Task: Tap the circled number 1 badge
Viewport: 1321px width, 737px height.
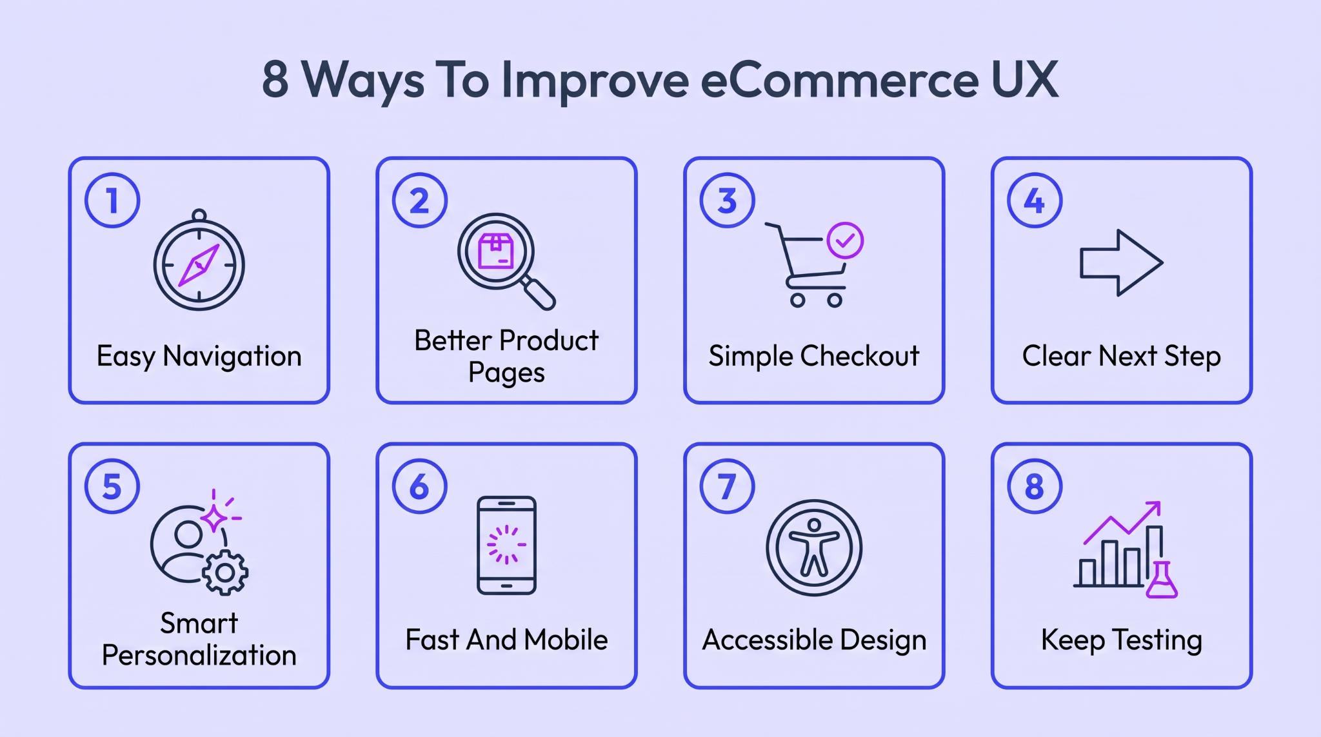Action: pos(112,200)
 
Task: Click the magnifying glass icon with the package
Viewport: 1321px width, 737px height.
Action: pos(506,261)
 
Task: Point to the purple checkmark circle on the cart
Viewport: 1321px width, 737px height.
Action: pos(845,241)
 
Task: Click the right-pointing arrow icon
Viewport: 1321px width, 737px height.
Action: pos(1121,262)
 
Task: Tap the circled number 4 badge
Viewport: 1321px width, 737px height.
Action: pos(1035,200)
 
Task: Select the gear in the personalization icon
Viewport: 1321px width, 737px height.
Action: pos(225,572)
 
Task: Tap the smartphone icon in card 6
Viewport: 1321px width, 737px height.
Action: pos(506,545)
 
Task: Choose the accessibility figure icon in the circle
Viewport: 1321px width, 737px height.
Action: pos(814,547)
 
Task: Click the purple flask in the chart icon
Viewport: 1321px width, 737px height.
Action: pos(1162,580)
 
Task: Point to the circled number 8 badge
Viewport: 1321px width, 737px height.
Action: pos(1035,486)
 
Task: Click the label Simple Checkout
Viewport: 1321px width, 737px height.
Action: pos(814,356)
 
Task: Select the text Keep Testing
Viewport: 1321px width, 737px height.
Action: pos(1122,640)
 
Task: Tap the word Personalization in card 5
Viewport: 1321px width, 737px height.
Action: pos(199,656)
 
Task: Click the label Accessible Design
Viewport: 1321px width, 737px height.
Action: pos(814,640)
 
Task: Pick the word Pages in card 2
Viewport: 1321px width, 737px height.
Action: pos(506,373)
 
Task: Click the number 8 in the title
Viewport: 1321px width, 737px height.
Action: pos(275,80)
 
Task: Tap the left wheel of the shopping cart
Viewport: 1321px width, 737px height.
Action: pos(798,300)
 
